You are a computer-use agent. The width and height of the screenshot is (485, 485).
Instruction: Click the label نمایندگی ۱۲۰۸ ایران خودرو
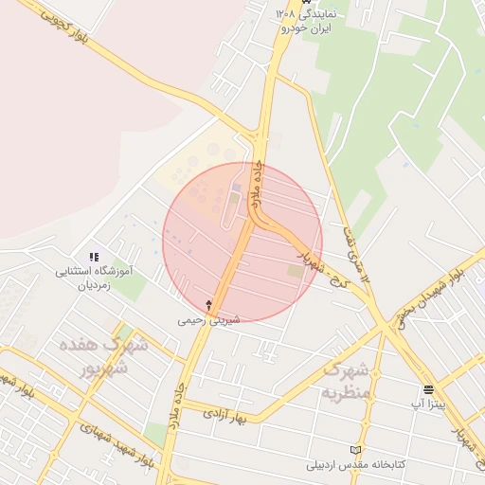[305, 21]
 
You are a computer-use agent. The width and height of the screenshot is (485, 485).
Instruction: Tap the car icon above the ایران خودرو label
[305, 3]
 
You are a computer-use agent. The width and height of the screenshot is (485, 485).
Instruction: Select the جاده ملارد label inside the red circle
[256, 186]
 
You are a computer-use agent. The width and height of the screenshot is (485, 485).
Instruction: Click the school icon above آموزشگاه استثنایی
[93, 257]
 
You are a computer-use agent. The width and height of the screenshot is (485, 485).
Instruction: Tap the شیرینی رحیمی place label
[209, 320]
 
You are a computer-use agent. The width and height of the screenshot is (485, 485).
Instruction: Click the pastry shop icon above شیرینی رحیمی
[209, 305]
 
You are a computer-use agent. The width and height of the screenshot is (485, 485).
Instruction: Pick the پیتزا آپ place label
[428, 404]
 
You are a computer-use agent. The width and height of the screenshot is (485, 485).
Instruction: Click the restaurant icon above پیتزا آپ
[429, 388]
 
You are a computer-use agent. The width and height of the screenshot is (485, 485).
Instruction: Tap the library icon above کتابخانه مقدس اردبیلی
[356, 449]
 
